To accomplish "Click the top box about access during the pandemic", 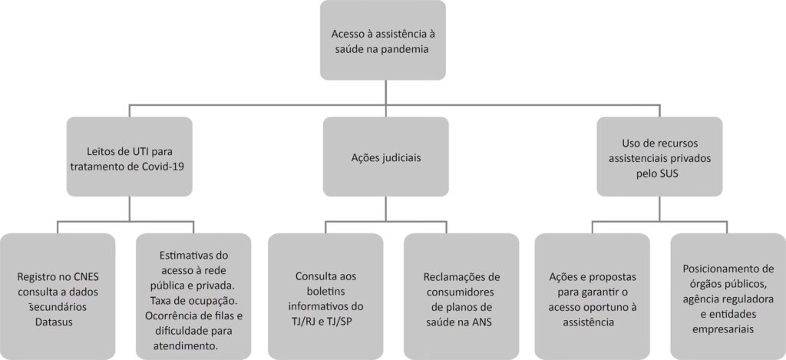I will [382, 40].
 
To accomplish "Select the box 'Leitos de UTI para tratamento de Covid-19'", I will [128, 155].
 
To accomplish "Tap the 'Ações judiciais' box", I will [385, 155].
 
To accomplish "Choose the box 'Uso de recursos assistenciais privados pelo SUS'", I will [660, 155].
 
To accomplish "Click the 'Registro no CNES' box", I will [58, 296].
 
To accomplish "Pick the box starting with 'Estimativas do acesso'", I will [193, 296].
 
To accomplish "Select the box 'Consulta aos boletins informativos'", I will [325, 296].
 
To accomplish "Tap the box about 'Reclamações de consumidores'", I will [461, 296].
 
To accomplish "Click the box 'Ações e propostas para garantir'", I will [592, 296].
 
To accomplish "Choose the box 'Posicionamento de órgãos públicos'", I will [728, 296].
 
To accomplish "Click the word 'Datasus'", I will [57, 320].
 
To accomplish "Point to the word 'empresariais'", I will [727, 329].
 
